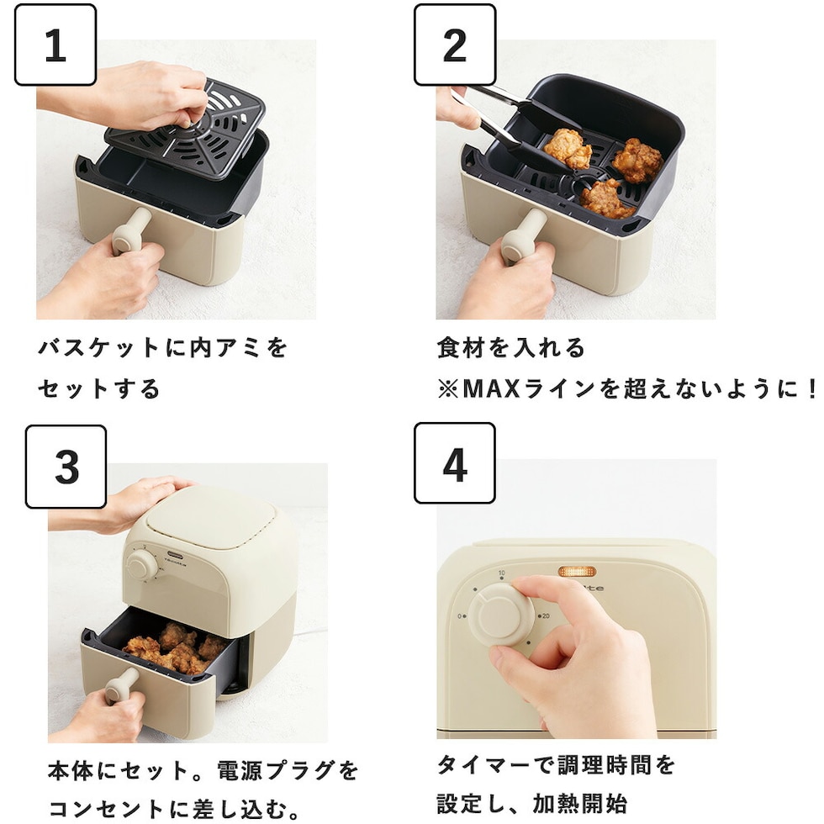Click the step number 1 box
point(55,45)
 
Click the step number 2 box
point(455,45)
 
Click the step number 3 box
point(66,467)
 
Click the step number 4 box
point(455,463)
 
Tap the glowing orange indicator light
point(577,571)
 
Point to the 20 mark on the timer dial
point(546,615)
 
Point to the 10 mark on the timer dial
point(501,573)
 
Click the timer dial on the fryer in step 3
point(141,567)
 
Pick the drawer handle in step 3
point(123,685)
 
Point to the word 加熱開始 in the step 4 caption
point(580,804)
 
